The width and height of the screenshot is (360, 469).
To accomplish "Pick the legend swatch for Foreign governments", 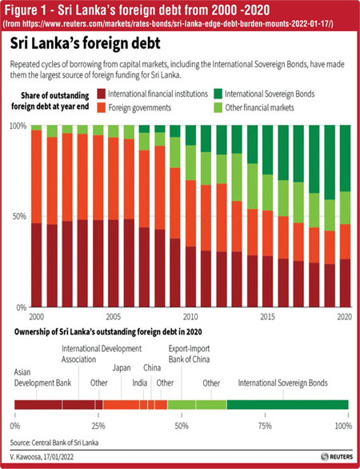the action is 102,108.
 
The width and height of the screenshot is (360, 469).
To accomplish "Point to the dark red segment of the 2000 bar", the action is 36,265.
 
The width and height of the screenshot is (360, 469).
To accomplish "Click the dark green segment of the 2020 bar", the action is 345,158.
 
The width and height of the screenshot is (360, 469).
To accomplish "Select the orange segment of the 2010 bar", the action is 190,213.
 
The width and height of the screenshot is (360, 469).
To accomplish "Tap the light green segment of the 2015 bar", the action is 268,192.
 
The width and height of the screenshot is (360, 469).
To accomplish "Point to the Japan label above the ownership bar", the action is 122,368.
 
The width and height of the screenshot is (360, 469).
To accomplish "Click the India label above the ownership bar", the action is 140,383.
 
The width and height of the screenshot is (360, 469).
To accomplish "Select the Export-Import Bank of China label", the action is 189,354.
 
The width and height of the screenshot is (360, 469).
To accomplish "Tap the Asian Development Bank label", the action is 42,378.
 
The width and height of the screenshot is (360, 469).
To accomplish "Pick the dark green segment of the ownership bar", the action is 288,404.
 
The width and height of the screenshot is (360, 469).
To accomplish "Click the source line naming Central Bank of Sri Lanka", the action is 54,443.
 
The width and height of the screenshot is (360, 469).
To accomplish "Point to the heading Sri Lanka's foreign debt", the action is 86,44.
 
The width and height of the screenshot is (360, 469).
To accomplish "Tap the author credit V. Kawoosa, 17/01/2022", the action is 42,457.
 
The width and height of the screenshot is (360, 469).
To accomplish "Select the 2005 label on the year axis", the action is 114,316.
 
